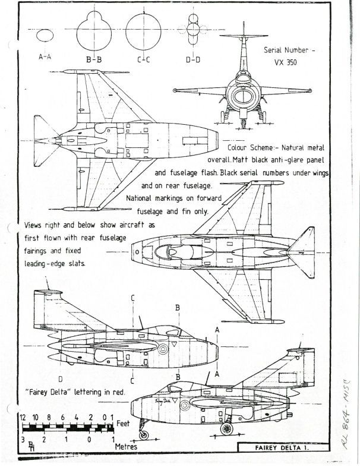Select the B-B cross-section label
93,59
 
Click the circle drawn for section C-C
144,30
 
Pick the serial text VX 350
289,62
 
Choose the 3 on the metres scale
23,440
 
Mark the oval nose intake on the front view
244,96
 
